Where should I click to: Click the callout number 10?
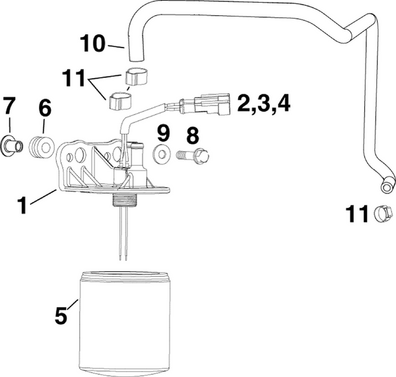point(94,44)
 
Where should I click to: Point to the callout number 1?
point(22,205)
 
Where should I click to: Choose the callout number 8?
point(191,136)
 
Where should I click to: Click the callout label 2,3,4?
point(261,104)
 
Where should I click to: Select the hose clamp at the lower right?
point(383,213)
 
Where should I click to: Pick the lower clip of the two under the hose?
point(121,102)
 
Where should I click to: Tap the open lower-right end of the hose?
point(386,189)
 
